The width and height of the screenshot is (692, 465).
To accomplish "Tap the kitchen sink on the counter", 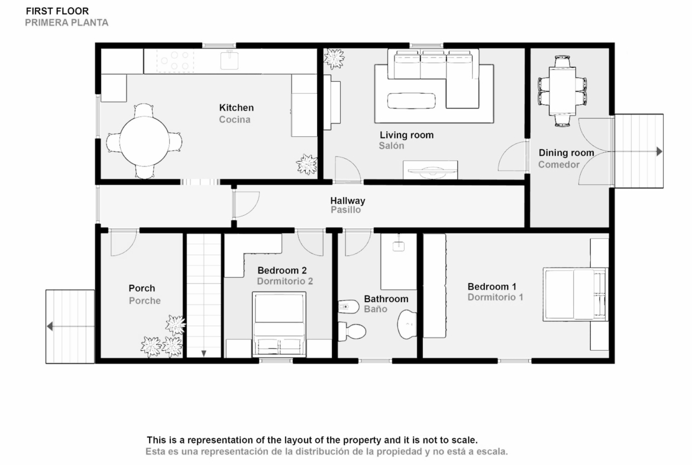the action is (229, 60).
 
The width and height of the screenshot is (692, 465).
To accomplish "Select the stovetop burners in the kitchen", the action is (174, 61).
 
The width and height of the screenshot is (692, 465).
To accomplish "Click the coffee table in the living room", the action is (411, 100).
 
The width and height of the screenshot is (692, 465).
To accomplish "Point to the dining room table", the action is (562, 91).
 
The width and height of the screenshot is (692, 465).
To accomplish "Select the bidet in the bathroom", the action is (348, 306).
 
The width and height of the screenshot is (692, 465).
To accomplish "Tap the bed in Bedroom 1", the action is (575, 294).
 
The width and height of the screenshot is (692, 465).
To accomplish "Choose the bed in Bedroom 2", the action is (279, 323).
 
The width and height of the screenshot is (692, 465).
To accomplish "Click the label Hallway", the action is (348, 201).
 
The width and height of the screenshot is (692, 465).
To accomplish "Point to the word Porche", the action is (145, 300).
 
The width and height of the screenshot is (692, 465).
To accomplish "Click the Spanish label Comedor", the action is (559, 165).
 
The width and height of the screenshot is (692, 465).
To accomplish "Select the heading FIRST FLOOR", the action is (57, 11).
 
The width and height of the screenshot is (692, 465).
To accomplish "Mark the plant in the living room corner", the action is (334, 58).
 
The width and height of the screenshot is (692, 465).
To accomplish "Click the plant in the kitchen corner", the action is (307, 165).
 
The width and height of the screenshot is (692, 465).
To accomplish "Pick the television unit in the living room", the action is (431, 170).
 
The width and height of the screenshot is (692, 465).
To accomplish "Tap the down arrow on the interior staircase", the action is (204, 353).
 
